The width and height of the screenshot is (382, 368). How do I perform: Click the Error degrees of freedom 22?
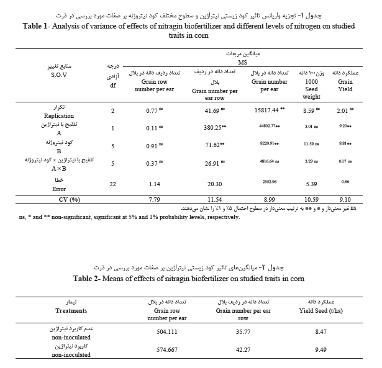(112, 184)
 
